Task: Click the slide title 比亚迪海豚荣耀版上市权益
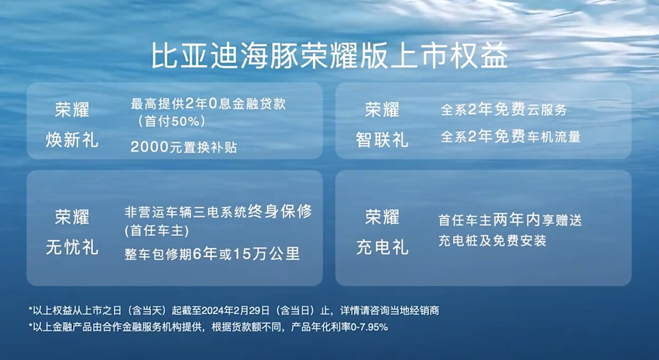329,56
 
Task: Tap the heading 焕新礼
72,140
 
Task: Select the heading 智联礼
382,140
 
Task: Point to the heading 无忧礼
72,247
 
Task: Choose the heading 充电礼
382,247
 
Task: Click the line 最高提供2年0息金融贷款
208,104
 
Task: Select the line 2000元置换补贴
184,147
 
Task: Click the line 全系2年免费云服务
503,110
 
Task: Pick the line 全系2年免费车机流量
510,138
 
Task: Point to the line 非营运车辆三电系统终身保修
218,212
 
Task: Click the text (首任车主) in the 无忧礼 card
156,231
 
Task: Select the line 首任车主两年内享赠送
510,220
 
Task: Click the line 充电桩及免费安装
492,241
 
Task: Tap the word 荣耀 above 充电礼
382,216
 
